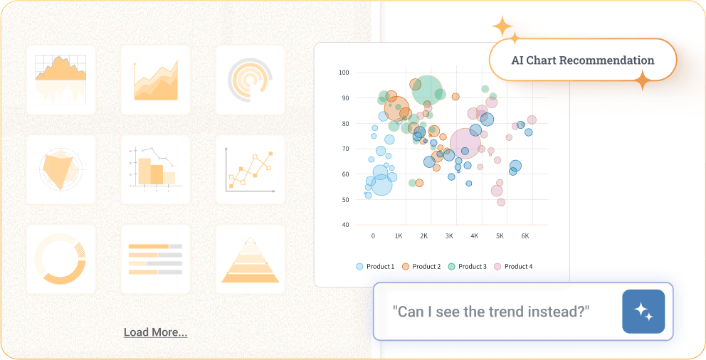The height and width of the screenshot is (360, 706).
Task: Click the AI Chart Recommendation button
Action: (x=583, y=60)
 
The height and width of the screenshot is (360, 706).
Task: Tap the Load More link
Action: (x=155, y=332)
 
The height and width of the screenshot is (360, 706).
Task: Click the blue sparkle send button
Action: (x=643, y=312)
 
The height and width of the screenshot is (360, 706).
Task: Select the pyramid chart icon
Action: (x=250, y=260)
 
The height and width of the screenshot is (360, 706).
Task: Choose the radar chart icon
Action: (x=60, y=169)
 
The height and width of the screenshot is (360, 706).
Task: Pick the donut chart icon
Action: (x=60, y=260)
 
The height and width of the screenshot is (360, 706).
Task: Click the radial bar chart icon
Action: (x=250, y=80)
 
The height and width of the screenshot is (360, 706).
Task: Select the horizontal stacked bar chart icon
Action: (x=155, y=260)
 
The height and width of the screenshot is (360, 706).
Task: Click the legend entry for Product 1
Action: (x=375, y=266)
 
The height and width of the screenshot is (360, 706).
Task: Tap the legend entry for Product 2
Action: (x=421, y=266)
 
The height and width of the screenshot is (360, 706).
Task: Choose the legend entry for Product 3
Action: (x=468, y=266)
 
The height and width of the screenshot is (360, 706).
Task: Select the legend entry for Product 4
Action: (x=513, y=266)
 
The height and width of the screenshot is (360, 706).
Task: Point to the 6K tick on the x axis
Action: (x=525, y=235)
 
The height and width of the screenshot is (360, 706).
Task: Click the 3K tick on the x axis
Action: (x=449, y=235)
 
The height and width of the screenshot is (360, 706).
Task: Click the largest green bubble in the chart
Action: (x=426, y=90)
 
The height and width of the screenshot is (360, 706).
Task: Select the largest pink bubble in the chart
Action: (x=465, y=144)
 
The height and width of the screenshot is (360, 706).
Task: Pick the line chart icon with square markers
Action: (x=250, y=169)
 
